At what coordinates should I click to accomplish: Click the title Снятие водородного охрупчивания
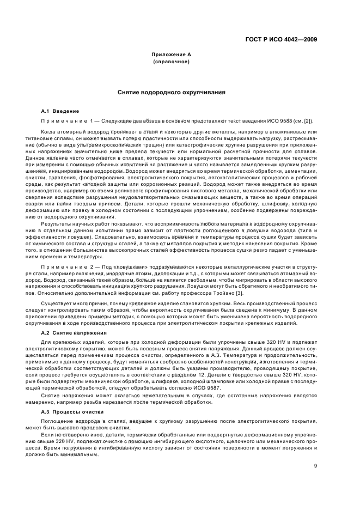point(171,93)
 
